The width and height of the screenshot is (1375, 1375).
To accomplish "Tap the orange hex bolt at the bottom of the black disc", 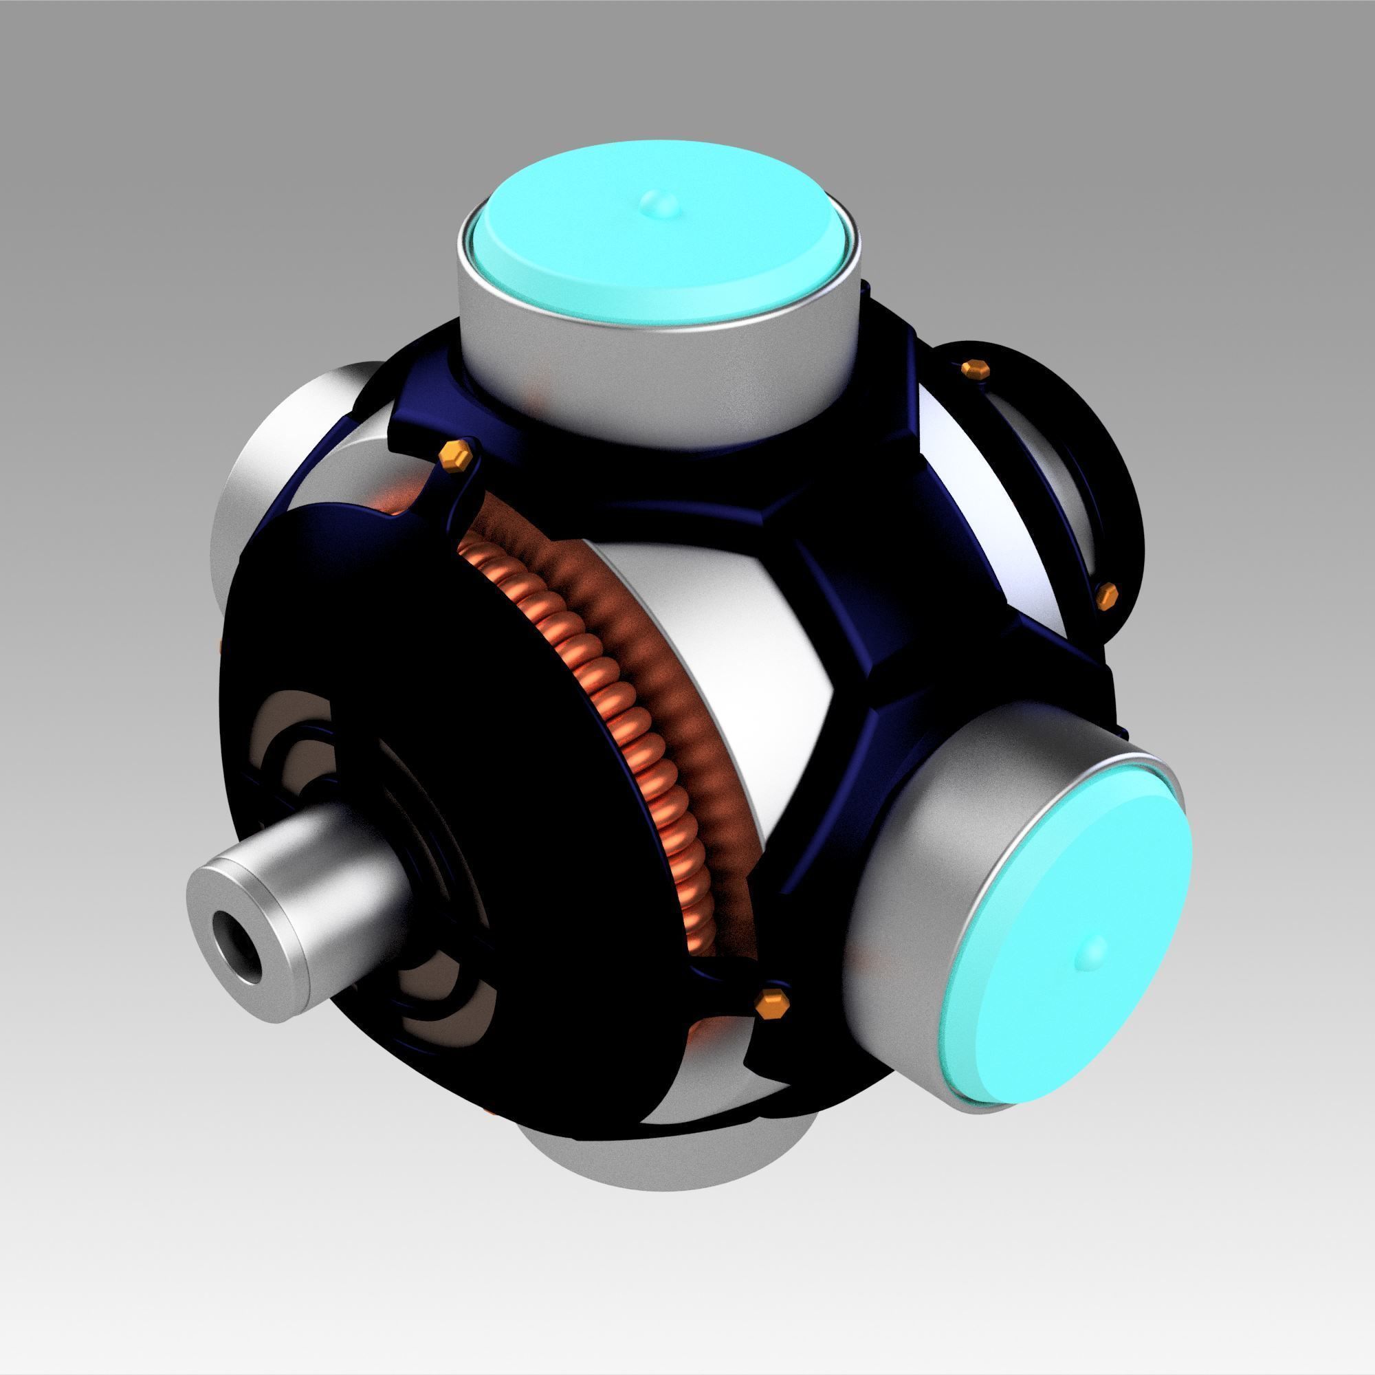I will coord(770,1002).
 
